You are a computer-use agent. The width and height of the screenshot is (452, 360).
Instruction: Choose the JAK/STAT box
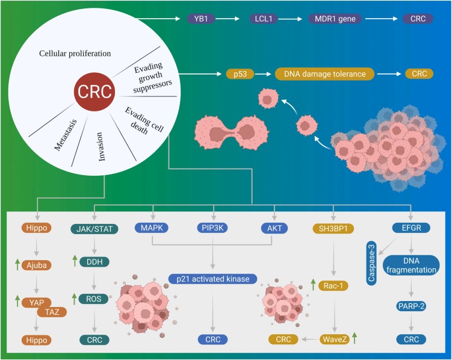(x=97, y=229)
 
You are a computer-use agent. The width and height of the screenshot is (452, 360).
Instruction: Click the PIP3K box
(x=212, y=229)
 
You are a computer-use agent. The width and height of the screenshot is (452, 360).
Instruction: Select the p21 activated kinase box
(x=213, y=279)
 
